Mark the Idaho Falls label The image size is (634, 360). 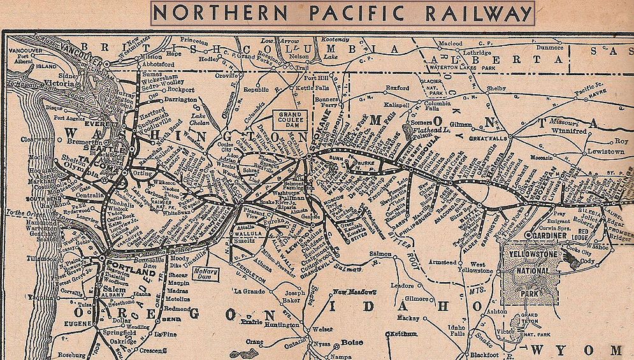point(457,331)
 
